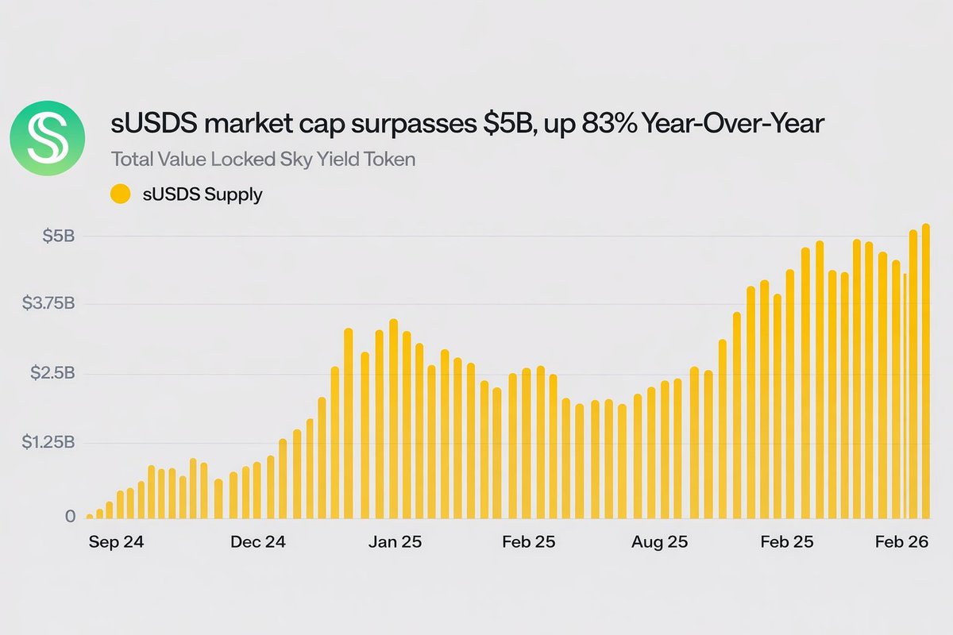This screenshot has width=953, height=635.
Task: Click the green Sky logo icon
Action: point(47,138)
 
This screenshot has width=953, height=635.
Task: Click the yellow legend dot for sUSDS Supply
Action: point(120,194)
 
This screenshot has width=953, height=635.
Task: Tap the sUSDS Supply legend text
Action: point(200,194)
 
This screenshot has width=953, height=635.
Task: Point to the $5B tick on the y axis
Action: point(60,236)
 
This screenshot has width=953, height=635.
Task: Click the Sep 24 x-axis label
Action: point(116,543)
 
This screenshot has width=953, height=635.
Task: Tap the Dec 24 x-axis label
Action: point(258,543)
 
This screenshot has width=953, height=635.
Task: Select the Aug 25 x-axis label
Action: point(660,543)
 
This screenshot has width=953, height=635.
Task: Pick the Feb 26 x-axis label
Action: point(901,543)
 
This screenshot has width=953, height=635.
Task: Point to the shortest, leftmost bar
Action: point(90,517)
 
